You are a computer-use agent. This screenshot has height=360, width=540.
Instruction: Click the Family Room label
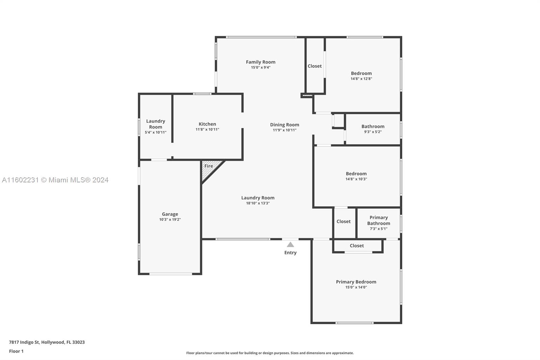tap(260, 62)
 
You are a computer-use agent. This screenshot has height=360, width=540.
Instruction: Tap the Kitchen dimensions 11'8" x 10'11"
tap(207, 129)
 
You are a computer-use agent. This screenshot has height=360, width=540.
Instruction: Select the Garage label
tap(170, 214)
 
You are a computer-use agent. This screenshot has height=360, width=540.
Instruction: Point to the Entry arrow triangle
tap(290, 245)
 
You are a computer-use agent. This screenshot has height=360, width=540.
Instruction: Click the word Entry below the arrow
tap(290, 253)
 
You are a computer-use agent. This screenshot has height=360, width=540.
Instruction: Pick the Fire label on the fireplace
tap(209, 166)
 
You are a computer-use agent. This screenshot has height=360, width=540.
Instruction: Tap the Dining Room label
tap(285, 125)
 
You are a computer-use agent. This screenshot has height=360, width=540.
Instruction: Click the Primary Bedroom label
tap(356, 282)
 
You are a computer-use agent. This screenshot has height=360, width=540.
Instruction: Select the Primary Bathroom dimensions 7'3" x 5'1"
tap(378, 229)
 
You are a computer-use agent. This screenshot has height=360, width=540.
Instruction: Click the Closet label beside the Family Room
tap(315, 66)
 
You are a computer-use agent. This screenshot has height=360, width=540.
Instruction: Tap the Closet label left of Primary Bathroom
tap(344, 222)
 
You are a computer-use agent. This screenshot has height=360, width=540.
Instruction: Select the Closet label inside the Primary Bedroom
tap(357, 246)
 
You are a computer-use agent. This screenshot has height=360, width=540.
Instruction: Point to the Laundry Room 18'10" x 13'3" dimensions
tap(258, 203)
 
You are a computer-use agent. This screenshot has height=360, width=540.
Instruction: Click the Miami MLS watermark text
tap(55, 180)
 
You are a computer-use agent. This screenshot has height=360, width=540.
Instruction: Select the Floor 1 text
tap(16, 351)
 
